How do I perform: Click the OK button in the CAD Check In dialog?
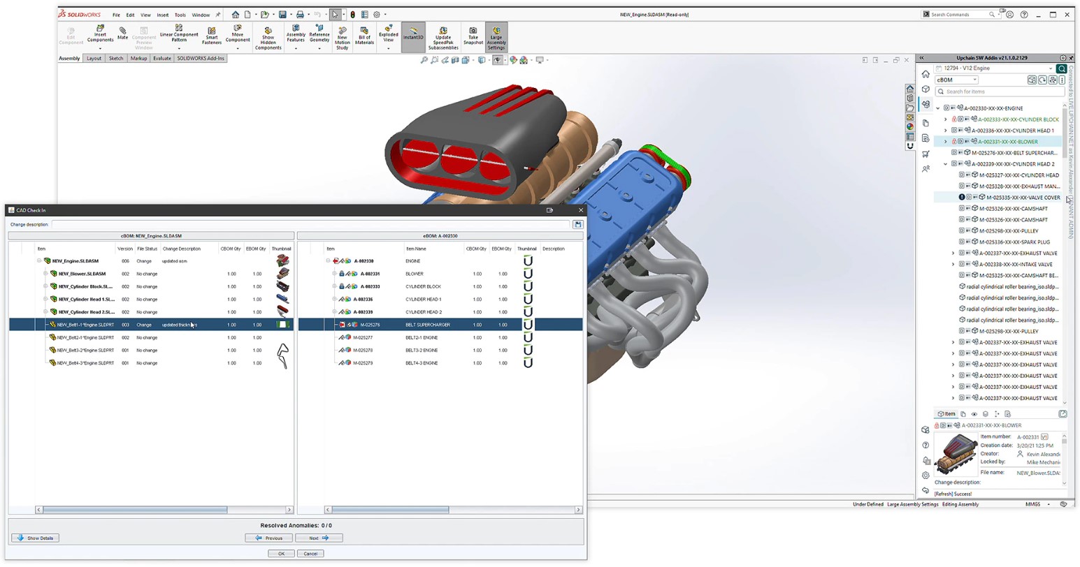point(281,554)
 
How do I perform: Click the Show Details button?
point(36,538)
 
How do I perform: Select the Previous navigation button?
point(268,538)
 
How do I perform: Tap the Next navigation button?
point(318,538)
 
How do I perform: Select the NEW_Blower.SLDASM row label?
point(82,274)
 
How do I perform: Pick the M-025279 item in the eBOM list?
point(363,363)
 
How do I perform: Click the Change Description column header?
point(182,249)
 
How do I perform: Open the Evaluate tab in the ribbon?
point(162,59)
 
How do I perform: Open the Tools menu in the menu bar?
point(180,15)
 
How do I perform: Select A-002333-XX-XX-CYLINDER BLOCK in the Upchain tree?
point(1018,119)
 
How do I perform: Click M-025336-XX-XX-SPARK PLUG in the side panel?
point(1014,242)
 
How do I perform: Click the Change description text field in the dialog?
point(311,225)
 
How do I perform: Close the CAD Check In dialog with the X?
point(580,210)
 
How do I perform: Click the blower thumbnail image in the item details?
point(956,454)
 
